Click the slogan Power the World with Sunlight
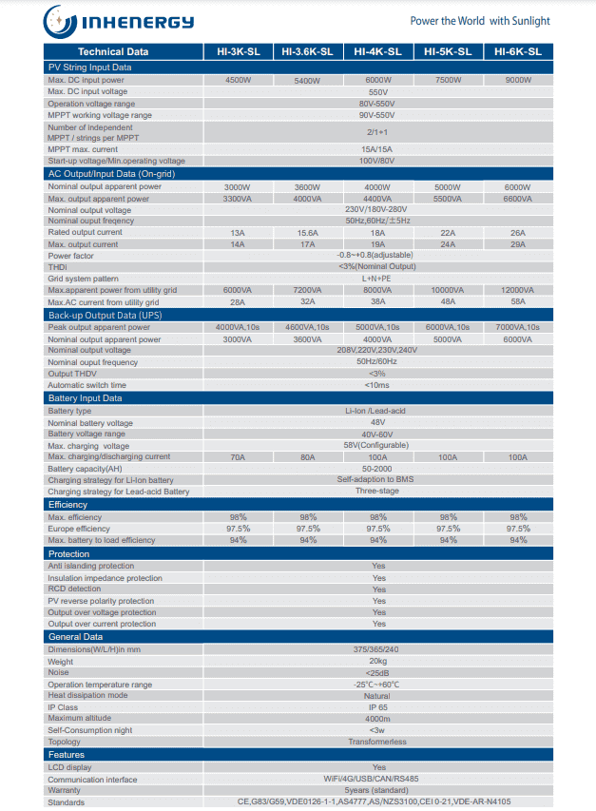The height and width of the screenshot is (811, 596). click(x=479, y=21)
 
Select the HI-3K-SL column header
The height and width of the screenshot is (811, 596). click(x=238, y=52)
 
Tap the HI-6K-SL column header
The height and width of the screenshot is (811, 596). click(x=518, y=52)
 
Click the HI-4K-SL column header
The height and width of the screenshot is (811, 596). click(x=377, y=52)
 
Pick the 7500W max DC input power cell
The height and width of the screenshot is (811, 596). click(x=448, y=81)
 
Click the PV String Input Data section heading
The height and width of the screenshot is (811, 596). click(x=90, y=68)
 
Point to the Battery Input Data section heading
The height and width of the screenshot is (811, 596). click(x=86, y=398)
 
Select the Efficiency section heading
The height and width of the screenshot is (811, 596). click(x=68, y=505)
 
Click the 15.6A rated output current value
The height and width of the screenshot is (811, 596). click(x=308, y=233)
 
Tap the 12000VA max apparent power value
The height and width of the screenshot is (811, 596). click(x=518, y=290)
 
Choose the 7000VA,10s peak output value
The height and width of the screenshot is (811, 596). click(x=518, y=328)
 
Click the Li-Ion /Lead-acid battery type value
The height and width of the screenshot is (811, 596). click(x=377, y=412)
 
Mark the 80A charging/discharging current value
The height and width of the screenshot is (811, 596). click(x=308, y=457)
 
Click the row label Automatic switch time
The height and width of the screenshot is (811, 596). click(x=87, y=385)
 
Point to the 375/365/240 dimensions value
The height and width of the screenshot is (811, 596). click(x=377, y=650)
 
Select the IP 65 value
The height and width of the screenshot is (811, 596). click(x=377, y=707)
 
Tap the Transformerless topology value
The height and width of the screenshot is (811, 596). click(x=377, y=742)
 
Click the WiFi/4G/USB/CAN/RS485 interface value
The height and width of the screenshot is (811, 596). click(x=377, y=780)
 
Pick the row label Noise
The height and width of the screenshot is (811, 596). click(x=58, y=673)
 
